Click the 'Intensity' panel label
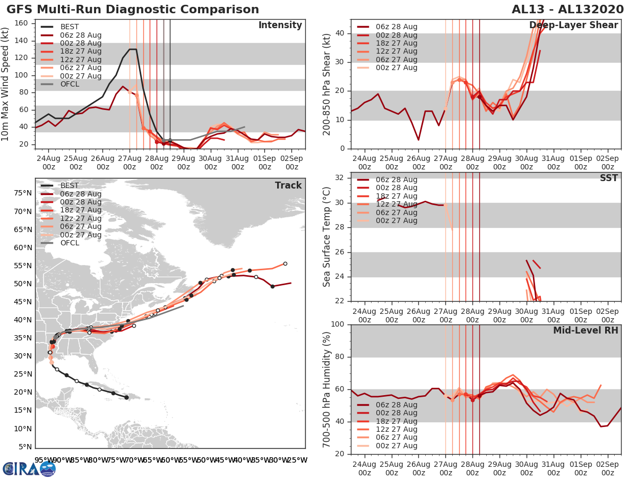(280, 25)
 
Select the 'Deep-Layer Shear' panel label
(573, 25)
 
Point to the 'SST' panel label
(608, 178)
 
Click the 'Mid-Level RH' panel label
(586, 330)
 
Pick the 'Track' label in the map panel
(288, 185)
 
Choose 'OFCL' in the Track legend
(70, 243)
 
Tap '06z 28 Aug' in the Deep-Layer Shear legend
(396, 27)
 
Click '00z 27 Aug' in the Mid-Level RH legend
(396, 446)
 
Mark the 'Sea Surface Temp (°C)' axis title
(326, 237)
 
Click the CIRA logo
(29, 468)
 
